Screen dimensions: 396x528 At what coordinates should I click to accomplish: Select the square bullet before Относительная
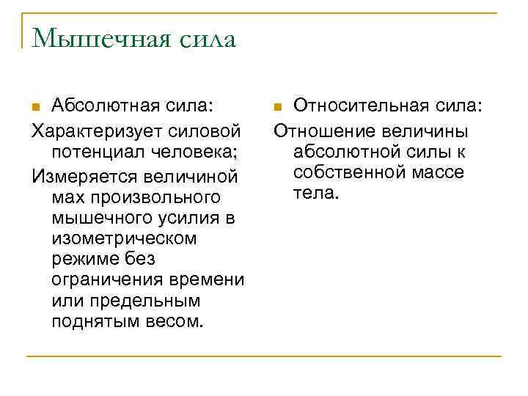point(276,108)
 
